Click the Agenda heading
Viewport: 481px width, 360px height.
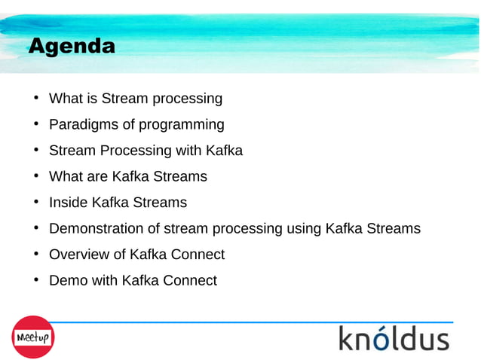(x=72, y=46)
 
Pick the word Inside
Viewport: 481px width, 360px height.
(x=68, y=203)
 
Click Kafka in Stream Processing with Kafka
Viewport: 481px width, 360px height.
(x=224, y=151)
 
